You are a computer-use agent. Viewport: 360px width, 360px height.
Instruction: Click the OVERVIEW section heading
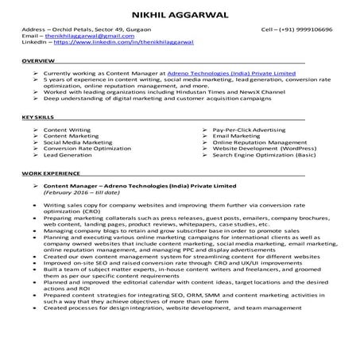[38, 61]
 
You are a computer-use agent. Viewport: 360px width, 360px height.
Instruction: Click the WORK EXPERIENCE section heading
[50, 172]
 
